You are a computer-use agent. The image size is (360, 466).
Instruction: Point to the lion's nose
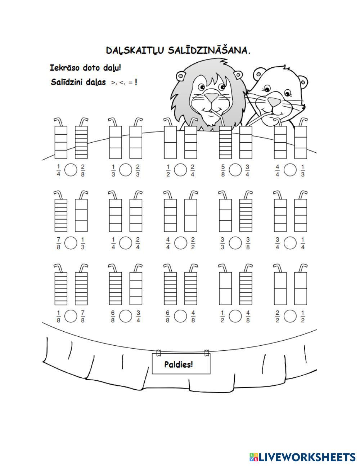coord(212,97)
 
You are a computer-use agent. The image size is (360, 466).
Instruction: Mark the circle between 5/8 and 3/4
coord(235,170)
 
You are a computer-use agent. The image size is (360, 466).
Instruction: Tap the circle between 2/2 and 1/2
coord(290,317)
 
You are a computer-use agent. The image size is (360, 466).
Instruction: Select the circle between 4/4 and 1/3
coord(290,170)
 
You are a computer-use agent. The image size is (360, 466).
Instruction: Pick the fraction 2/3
coord(138,170)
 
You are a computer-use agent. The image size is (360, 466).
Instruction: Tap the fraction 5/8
coord(222,170)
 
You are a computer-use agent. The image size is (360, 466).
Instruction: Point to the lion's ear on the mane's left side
coord(181,76)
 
